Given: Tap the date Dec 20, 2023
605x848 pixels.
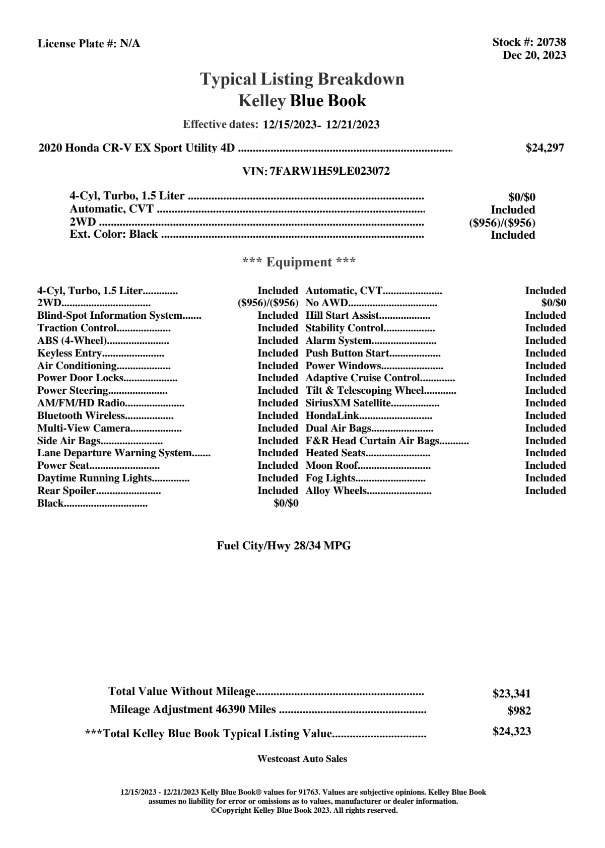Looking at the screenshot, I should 534,55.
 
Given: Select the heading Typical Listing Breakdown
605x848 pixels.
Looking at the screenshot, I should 302,79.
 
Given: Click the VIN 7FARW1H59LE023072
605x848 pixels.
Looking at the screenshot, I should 329,171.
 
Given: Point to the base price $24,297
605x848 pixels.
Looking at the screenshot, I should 545,148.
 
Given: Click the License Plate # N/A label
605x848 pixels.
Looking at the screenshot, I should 89,44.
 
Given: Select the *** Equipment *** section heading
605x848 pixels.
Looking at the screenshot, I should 299,262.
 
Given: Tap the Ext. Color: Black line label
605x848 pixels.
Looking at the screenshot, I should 114,234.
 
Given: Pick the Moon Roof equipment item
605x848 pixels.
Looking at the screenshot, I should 331,465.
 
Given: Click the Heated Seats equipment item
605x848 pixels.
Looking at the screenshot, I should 335,453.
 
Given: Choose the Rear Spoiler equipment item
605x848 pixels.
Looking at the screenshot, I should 67,490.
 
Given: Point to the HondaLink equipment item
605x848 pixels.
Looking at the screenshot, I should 332,415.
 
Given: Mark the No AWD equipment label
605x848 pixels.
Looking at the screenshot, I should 327,303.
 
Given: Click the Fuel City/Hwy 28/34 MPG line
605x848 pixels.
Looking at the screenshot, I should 284,546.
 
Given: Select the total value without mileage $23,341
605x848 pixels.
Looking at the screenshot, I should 511,694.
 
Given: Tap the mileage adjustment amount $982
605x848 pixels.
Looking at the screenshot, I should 519,712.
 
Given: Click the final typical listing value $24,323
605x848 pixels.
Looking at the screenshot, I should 511,732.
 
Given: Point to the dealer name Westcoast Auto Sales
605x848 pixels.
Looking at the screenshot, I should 302,759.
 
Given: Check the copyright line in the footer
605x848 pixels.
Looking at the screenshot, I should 304,810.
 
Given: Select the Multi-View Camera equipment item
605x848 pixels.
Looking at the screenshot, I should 84,428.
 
